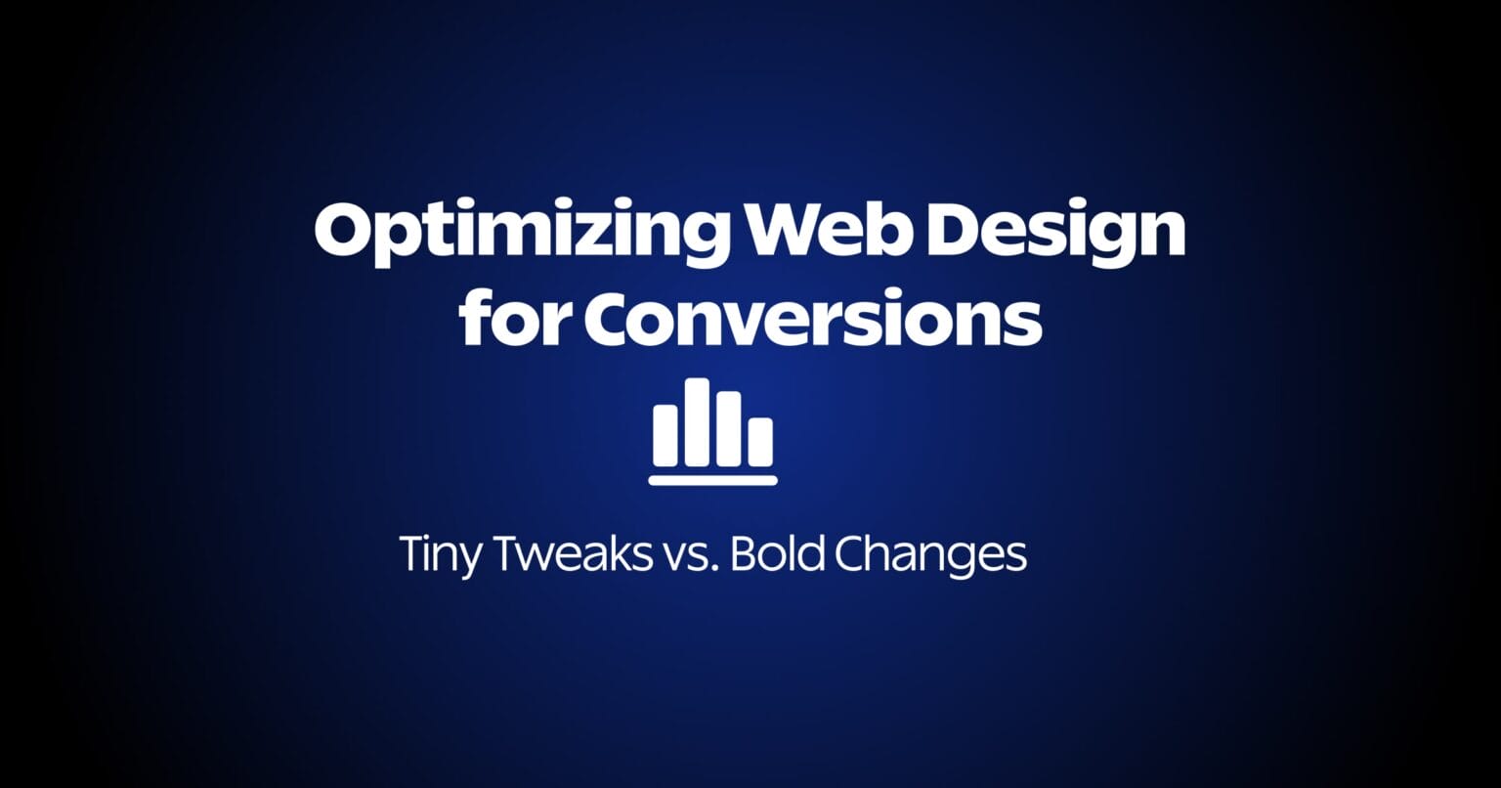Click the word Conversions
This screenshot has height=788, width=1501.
click(812, 320)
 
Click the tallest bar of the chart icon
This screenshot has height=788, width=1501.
click(697, 421)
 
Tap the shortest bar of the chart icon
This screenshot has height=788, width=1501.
click(760, 441)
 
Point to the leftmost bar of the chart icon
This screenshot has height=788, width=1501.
click(665, 435)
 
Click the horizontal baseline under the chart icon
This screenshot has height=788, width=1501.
click(712, 480)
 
